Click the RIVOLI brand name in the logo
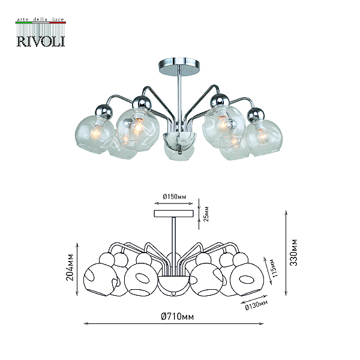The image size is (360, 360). tap(41, 41)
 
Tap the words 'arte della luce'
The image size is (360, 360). tap(41, 19)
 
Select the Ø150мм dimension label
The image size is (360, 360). tap(174, 197)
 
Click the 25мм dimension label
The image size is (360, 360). tap(206, 214)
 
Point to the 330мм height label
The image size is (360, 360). tap(293, 253)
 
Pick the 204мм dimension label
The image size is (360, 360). tap(70, 267)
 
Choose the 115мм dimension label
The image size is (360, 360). tap(274, 268)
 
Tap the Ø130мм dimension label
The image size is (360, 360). tap(256, 305)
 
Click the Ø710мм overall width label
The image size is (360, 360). tap(177, 316)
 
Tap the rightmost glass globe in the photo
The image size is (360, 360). tap(264, 137)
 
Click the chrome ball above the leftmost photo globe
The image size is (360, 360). tap(104, 112)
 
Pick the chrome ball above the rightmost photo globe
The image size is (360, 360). tap(256, 115)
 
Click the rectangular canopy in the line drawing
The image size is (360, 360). tap(173, 214)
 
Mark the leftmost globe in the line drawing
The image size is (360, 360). tap(100, 280)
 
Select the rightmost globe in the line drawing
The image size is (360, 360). tap(247, 280)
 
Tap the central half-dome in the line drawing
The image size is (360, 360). tap(173, 284)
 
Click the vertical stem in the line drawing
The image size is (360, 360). tap(174, 235)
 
